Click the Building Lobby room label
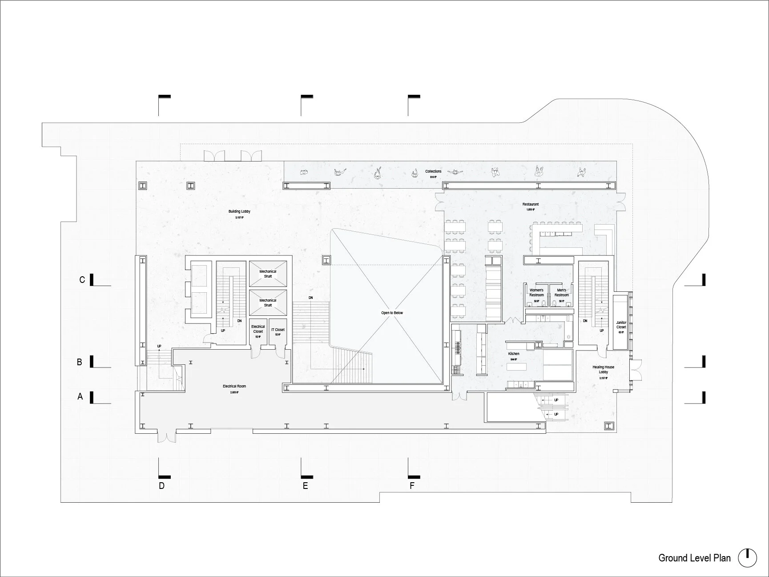(x=239, y=212)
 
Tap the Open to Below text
(x=392, y=313)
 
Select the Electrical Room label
(x=234, y=386)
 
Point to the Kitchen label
(x=514, y=354)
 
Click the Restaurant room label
(x=531, y=205)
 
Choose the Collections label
(x=433, y=171)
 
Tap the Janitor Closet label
(x=621, y=325)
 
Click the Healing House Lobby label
(x=603, y=370)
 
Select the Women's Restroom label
(x=536, y=293)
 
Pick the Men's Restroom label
(x=561, y=293)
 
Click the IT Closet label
(x=278, y=330)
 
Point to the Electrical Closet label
(x=258, y=329)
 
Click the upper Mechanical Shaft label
(x=268, y=274)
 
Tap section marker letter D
(x=162, y=485)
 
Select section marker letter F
(x=412, y=485)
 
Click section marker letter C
(x=82, y=280)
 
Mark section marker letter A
(x=81, y=396)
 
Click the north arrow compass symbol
(x=748, y=558)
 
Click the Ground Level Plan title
(x=694, y=558)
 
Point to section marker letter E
(x=306, y=485)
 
